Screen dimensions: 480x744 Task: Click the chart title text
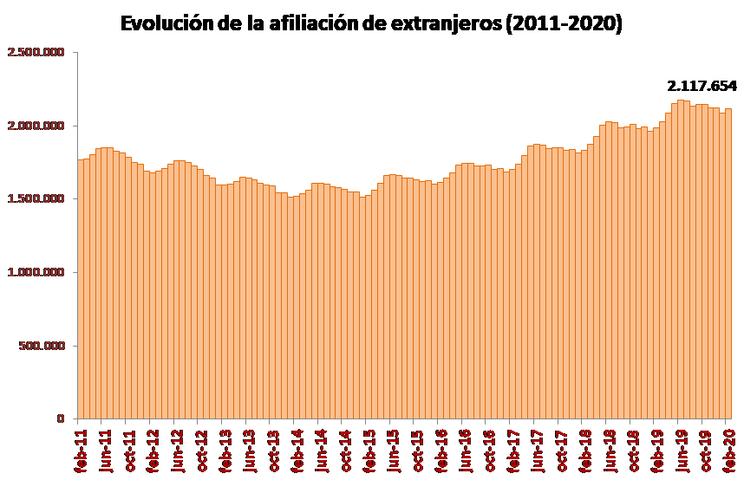pos(371,23)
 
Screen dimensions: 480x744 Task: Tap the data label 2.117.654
pos(702,86)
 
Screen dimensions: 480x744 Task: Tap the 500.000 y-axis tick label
pos(42,346)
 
